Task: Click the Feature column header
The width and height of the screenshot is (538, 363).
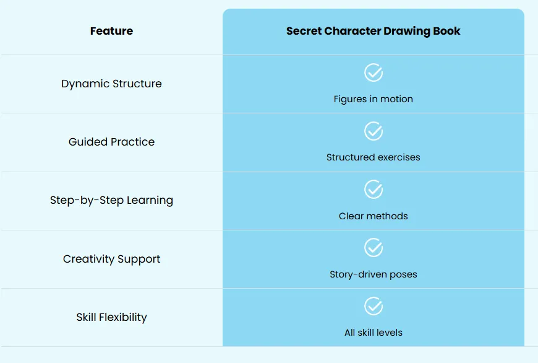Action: pyautogui.click(x=111, y=31)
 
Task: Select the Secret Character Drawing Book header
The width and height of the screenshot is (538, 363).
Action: pyautogui.click(x=374, y=31)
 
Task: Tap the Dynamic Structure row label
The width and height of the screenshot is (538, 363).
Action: pyautogui.click(x=111, y=84)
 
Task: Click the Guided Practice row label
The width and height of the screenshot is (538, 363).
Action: pyautogui.click(x=111, y=142)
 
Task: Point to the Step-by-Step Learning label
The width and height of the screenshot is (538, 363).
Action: pyautogui.click(x=111, y=201)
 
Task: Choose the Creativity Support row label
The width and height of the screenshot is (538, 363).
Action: pyautogui.click(x=111, y=259)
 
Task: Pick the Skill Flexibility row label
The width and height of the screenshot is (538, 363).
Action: pyautogui.click(x=111, y=317)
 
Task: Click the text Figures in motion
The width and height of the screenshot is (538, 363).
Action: pyautogui.click(x=374, y=99)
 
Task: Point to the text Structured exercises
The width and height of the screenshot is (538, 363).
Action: pyautogui.click(x=374, y=157)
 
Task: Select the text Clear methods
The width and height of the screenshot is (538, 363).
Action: pyautogui.click(x=374, y=216)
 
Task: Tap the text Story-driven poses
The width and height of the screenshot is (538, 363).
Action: pyautogui.click(x=374, y=274)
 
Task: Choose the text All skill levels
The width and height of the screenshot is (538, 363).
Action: pyautogui.click(x=374, y=333)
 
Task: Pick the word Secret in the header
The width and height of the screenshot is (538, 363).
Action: pyautogui.click(x=304, y=31)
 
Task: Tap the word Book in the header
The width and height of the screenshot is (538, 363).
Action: pyautogui.click(x=446, y=31)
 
